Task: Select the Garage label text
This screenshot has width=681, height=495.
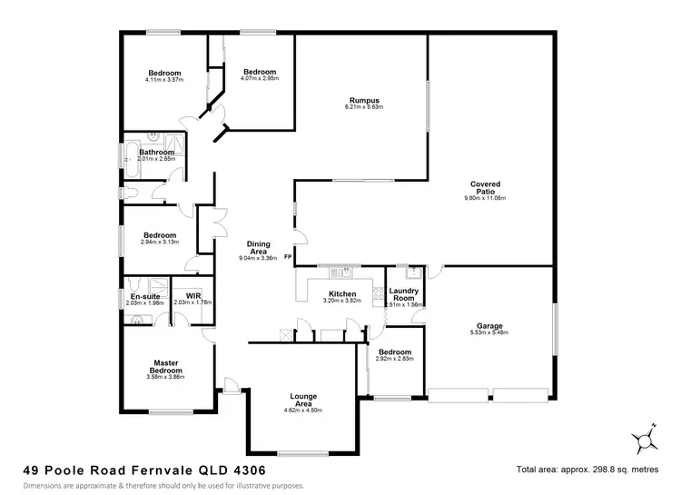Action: (489, 326)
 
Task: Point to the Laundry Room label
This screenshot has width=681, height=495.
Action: (402, 293)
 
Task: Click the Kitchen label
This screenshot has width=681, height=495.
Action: (342, 293)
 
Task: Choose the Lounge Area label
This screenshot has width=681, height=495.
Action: (302, 398)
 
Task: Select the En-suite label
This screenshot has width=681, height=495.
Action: (144, 296)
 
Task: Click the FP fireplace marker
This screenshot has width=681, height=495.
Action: (288, 257)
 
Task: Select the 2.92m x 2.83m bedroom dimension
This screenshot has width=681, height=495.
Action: (395, 359)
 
